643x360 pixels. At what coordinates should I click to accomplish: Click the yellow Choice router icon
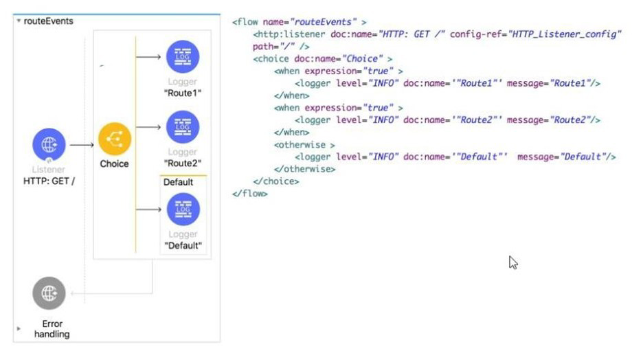coord(115,139)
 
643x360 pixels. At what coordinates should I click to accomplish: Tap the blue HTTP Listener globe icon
coord(49,144)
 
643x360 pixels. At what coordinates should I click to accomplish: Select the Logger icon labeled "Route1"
coord(183,56)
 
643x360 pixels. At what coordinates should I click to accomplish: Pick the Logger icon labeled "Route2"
coord(183,127)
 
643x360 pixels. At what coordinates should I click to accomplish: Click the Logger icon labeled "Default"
coord(183,209)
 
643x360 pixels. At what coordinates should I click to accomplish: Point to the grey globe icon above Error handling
coord(49,293)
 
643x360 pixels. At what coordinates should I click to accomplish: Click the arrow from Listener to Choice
coord(82,145)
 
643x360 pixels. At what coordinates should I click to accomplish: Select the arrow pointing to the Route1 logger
coord(148,56)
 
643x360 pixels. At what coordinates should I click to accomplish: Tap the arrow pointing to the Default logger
coord(148,210)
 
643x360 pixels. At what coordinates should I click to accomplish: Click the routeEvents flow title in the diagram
coord(48,21)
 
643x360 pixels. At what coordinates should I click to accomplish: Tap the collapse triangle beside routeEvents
coord(19,21)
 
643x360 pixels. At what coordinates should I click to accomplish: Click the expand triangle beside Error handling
coord(19,328)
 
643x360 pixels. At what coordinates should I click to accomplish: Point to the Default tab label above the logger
coord(178,182)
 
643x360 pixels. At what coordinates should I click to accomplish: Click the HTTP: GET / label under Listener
coord(49,181)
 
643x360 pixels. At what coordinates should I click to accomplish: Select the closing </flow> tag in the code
coord(250,194)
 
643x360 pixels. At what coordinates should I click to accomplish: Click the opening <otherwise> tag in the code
coord(304,145)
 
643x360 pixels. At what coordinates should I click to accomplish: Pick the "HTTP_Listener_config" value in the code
coord(565,34)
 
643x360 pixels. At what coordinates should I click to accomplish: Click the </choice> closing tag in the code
coord(276,181)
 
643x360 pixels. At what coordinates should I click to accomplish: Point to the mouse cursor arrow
coord(513,262)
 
